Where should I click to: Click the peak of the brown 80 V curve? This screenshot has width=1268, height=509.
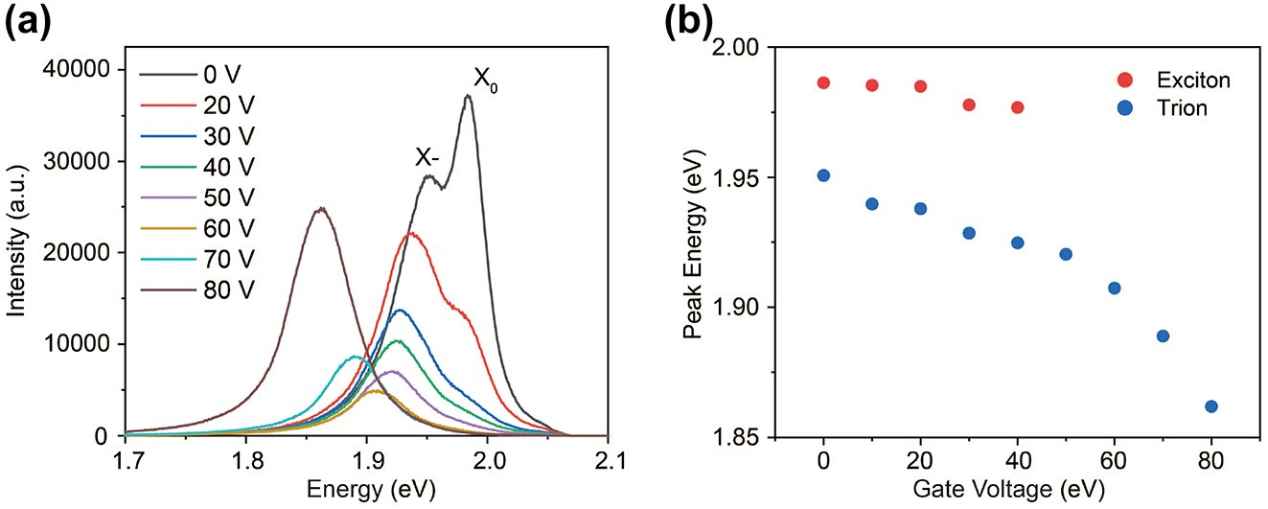322,208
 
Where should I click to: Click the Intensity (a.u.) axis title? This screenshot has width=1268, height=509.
18,251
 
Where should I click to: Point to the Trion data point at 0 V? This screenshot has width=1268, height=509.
823,175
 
